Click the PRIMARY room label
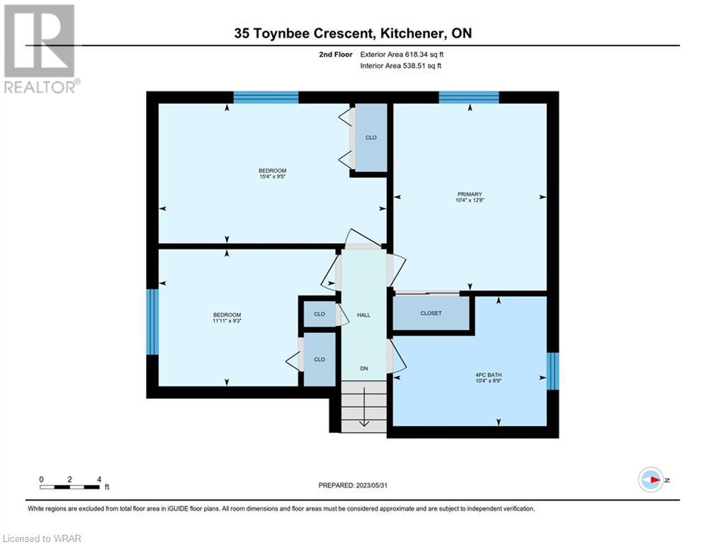[469, 194]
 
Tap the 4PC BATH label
[488, 375]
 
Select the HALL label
[363, 315]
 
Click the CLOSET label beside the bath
[431, 313]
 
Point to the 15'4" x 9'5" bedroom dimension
[273, 176]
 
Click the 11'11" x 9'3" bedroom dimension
[227, 321]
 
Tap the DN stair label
[364, 368]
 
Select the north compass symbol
[651, 480]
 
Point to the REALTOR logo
[40, 49]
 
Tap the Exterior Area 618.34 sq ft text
[402, 55]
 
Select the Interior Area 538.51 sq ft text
[400, 66]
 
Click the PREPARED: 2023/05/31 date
[353, 485]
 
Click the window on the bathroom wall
[553, 371]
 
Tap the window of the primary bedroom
[469, 97]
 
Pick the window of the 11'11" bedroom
[152, 322]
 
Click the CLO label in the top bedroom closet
[371, 137]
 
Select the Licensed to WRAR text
[42, 538]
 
